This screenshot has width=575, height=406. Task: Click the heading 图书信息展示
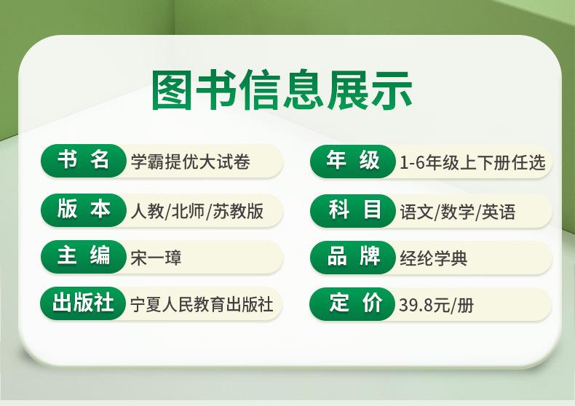click(282, 90)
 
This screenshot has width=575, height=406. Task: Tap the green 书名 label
click(83, 161)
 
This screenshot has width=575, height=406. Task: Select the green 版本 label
click(83, 210)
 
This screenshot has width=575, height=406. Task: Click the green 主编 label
click(83, 256)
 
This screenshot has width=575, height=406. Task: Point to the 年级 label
click(352, 162)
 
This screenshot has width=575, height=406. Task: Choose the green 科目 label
click(352, 211)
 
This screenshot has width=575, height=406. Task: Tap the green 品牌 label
click(352, 257)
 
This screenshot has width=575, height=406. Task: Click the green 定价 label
click(352, 303)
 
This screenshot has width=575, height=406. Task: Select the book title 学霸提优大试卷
click(190, 162)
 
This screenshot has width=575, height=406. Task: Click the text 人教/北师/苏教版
click(197, 211)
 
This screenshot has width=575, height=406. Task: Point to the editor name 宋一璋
click(156, 258)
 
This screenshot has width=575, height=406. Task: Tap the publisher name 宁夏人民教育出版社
click(202, 304)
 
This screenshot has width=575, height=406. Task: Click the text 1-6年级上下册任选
click(472, 162)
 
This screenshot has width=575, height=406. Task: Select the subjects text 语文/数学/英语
click(458, 212)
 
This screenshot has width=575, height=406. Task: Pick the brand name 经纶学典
click(434, 258)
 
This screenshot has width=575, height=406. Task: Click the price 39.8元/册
click(437, 305)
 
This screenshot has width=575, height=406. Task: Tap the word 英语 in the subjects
click(499, 212)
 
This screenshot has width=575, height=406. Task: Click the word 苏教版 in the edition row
click(238, 211)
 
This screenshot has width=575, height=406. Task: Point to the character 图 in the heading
click(172, 90)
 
